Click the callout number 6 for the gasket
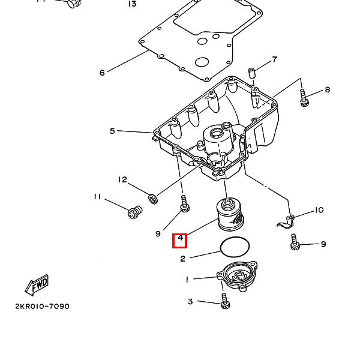tap(102, 73)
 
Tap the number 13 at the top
tap(132, 4)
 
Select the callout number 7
tap(274, 59)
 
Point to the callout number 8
tap(327, 90)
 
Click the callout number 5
tap(112, 131)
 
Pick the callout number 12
tap(122, 179)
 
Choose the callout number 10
tap(319, 210)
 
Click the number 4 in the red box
tap(180, 241)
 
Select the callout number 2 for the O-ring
tap(183, 259)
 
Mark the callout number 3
tap(190, 301)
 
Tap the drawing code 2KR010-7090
tap(42, 307)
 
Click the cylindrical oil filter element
tap(229, 215)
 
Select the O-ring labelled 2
tap(236, 247)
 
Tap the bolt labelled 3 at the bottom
tap(225, 301)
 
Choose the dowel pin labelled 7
tap(252, 74)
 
